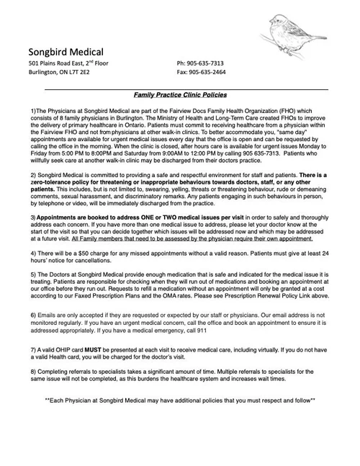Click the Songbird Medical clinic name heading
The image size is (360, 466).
click(66, 52)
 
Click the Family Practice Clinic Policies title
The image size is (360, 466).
click(180, 94)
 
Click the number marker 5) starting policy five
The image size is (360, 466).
click(33, 274)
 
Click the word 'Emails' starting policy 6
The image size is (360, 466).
click(48, 315)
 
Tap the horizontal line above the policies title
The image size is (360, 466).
click(180, 87)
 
